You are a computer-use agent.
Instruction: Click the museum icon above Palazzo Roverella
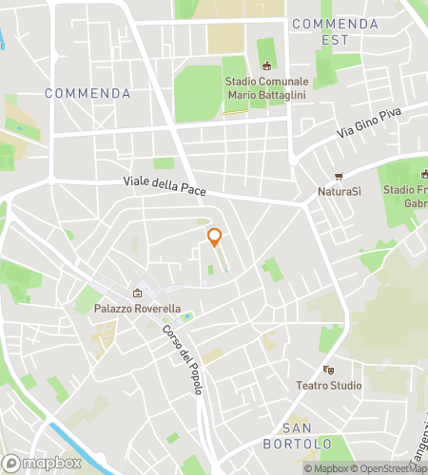[x=138, y=294]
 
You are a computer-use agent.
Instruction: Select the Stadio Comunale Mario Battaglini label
[x=265, y=88]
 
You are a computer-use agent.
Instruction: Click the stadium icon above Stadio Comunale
[x=266, y=66]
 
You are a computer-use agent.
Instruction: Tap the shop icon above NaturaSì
[x=339, y=177]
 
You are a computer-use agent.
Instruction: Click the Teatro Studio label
[x=330, y=385]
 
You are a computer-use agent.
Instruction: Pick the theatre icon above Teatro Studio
[x=329, y=370]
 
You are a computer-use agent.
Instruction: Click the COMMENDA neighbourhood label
[x=88, y=94]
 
